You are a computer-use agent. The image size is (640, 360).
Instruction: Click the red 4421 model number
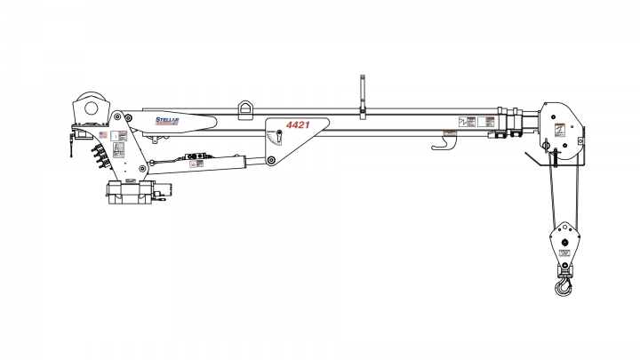(299, 126)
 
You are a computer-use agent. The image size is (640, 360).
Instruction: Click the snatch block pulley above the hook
(562, 240)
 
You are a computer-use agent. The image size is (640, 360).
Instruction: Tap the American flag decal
(103, 135)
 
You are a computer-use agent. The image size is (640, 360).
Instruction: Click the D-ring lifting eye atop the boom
(246, 107)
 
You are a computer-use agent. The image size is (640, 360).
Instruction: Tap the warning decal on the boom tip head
(560, 129)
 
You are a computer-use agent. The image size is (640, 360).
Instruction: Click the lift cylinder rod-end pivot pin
(269, 161)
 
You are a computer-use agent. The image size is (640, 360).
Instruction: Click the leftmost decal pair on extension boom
(466, 122)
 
